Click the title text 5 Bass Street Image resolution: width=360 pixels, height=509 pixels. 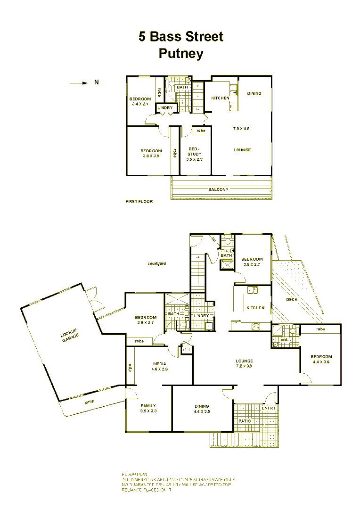[180, 37]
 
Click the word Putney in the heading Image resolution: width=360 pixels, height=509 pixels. [181, 53]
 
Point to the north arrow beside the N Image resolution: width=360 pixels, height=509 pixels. [79, 83]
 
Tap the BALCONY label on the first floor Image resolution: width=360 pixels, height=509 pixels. [218, 189]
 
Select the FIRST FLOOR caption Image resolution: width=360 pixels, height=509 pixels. [139, 201]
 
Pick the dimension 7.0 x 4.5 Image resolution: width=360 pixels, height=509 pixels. [241, 128]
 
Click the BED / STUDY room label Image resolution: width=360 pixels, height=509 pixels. [194, 151]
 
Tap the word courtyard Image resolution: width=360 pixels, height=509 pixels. [156, 264]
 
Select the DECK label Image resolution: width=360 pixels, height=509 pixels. [291, 300]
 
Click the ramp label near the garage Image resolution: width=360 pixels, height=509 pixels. [90, 402]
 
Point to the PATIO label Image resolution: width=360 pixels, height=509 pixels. [245, 421]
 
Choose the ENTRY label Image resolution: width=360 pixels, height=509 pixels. [269, 408]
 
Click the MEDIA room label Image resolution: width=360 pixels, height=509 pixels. [160, 364]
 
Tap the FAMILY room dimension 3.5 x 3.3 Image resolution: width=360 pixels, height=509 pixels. [148, 411]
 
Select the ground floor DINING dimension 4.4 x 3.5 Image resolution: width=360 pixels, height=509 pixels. [202, 411]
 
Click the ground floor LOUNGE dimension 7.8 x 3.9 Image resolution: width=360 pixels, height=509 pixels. [244, 366]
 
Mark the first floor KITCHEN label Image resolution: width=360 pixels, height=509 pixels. [220, 98]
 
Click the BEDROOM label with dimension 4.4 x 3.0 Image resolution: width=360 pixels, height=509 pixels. [321, 357]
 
